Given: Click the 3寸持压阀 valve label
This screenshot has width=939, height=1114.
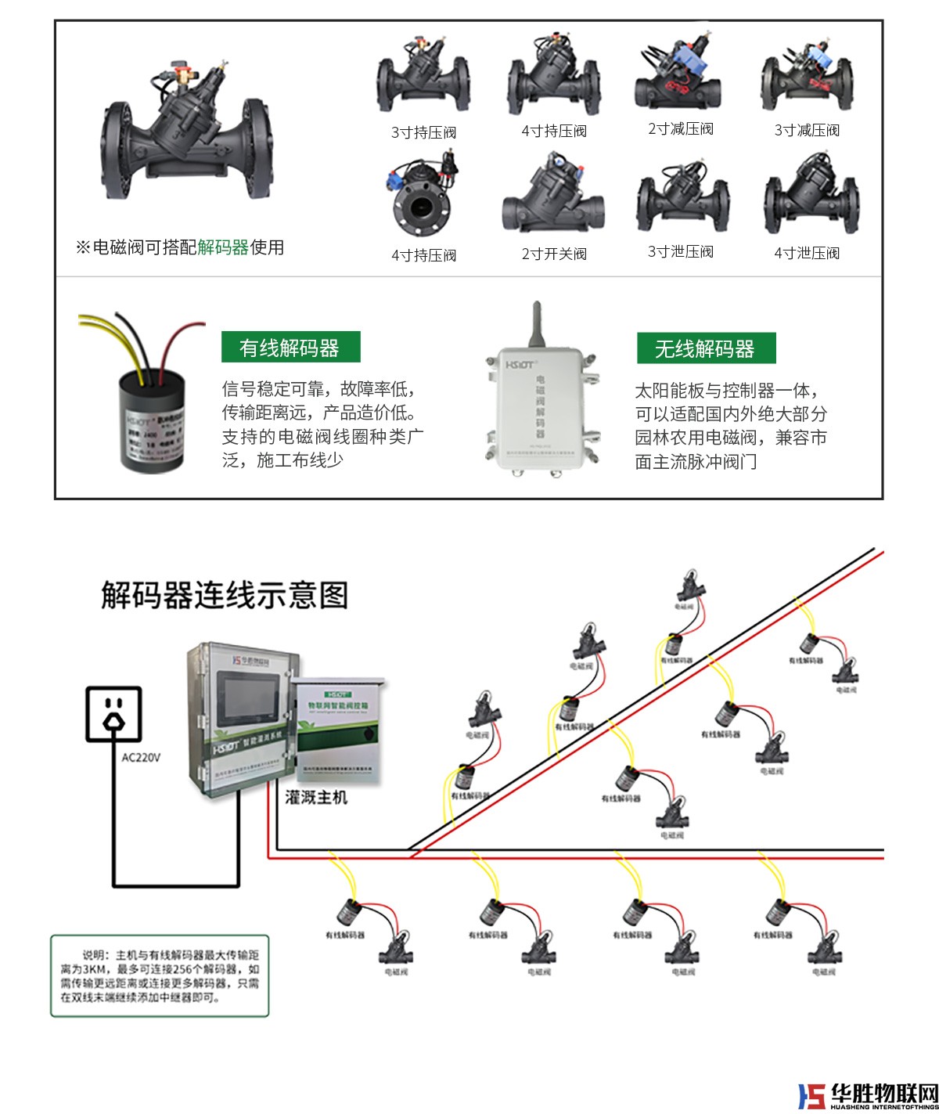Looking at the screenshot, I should click(x=423, y=132).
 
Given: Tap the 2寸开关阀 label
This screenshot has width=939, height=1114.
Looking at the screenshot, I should click(x=554, y=254).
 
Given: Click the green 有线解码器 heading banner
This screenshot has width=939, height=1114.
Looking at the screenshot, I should click(x=290, y=348).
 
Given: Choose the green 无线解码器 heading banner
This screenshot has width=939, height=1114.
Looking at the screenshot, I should click(x=704, y=348).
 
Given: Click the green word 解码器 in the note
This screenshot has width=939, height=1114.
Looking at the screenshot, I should click(x=223, y=247).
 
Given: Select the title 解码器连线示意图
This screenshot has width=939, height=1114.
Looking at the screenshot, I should click(x=225, y=595).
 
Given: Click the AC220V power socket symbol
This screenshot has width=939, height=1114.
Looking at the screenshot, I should click(x=114, y=713).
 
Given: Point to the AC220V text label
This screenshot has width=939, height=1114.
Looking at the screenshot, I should click(x=141, y=758).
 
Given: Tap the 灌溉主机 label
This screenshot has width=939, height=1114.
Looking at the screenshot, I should click(x=316, y=798).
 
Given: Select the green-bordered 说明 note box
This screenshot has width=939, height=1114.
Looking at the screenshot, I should click(x=160, y=975).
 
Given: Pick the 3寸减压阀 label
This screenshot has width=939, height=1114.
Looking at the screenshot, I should click(x=807, y=130).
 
